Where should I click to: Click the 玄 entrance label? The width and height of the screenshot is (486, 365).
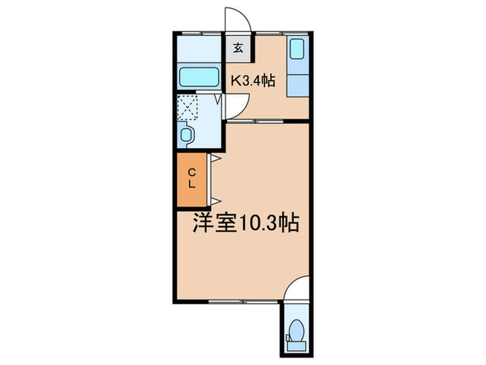click(237, 49)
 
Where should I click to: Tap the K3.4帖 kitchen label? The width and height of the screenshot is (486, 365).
click(253, 81)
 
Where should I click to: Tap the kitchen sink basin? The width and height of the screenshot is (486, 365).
click(297, 50)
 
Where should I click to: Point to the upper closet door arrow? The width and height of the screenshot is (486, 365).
click(215, 159)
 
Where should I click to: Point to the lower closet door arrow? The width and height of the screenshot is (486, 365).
click(215, 200)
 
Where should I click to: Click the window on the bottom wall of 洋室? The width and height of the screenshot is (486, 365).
click(229, 300)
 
